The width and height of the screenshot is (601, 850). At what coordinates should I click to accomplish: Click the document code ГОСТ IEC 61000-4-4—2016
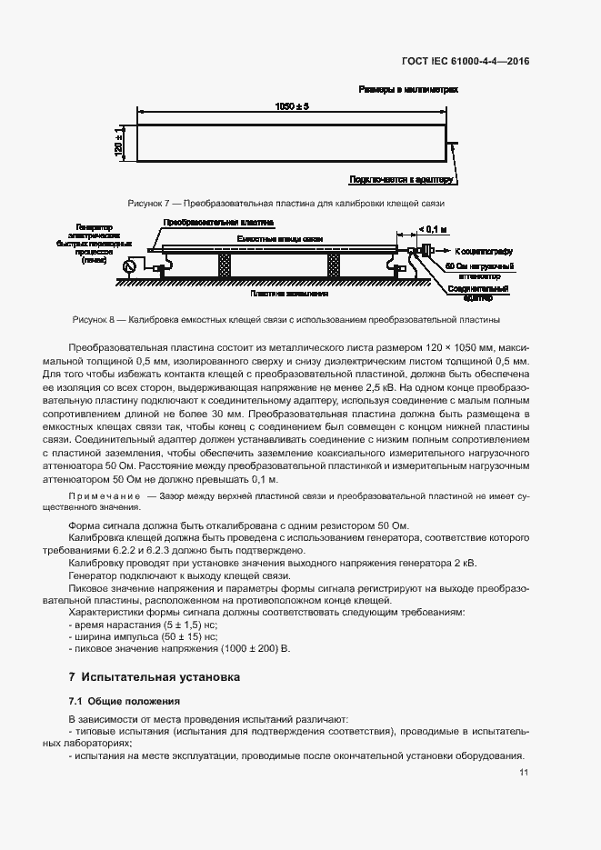pyautogui.click(x=465, y=62)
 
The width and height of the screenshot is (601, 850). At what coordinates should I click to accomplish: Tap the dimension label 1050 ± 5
pyautogui.click(x=292, y=106)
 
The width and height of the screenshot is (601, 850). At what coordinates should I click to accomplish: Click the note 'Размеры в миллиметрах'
pyautogui.click(x=408, y=91)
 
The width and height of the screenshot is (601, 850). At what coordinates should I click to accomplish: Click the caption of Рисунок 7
pyautogui.click(x=286, y=203)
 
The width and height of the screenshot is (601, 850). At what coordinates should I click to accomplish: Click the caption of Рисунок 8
pyautogui.click(x=285, y=320)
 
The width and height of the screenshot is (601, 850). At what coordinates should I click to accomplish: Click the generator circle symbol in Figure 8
pyautogui.click(x=127, y=265)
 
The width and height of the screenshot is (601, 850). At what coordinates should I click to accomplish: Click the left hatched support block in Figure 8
pyautogui.click(x=224, y=265)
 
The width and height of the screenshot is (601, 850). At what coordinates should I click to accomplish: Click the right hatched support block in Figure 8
pyautogui.click(x=335, y=265)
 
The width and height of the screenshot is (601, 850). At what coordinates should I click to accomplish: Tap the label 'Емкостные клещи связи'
pyautogui.click(x=279, y=237)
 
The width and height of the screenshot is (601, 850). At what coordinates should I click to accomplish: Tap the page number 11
pyautogui.click(x=524, y=773)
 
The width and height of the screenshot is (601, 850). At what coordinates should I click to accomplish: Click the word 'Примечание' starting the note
pyautogui.click(x=105, y=496)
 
